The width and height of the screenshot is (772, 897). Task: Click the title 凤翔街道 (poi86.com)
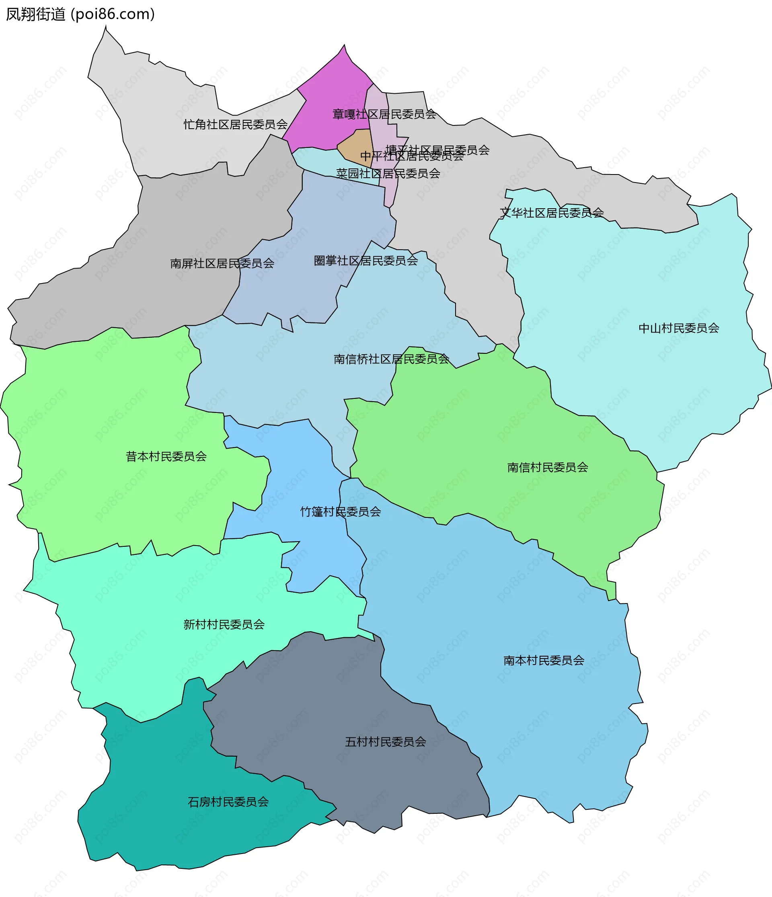click(x=80, y=14)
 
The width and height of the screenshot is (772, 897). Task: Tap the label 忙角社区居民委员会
click(x=236, y=125)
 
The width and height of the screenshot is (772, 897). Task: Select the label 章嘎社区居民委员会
click(x=384, y=114)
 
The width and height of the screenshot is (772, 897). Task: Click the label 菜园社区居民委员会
click(x=388, y=174)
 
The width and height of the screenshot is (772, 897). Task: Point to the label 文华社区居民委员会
click(x=552, y=213)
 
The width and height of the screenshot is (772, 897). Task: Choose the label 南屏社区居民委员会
click(x=222, y=263)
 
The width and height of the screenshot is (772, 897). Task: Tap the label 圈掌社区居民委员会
click(x=365, y=261)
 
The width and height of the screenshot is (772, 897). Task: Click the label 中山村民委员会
click(x=678, y=328)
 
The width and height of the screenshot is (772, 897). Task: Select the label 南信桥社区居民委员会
click(x=391, y=359)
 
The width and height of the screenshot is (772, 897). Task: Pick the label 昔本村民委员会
click(x=166, y=456)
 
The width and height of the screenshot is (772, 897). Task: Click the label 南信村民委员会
click(x=547, y=467)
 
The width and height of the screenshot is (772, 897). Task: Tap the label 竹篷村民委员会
click(x=340, y=512)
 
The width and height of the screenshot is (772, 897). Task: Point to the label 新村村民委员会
click(x=224, y=624)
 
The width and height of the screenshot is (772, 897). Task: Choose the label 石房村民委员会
click(x=228, y=802)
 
